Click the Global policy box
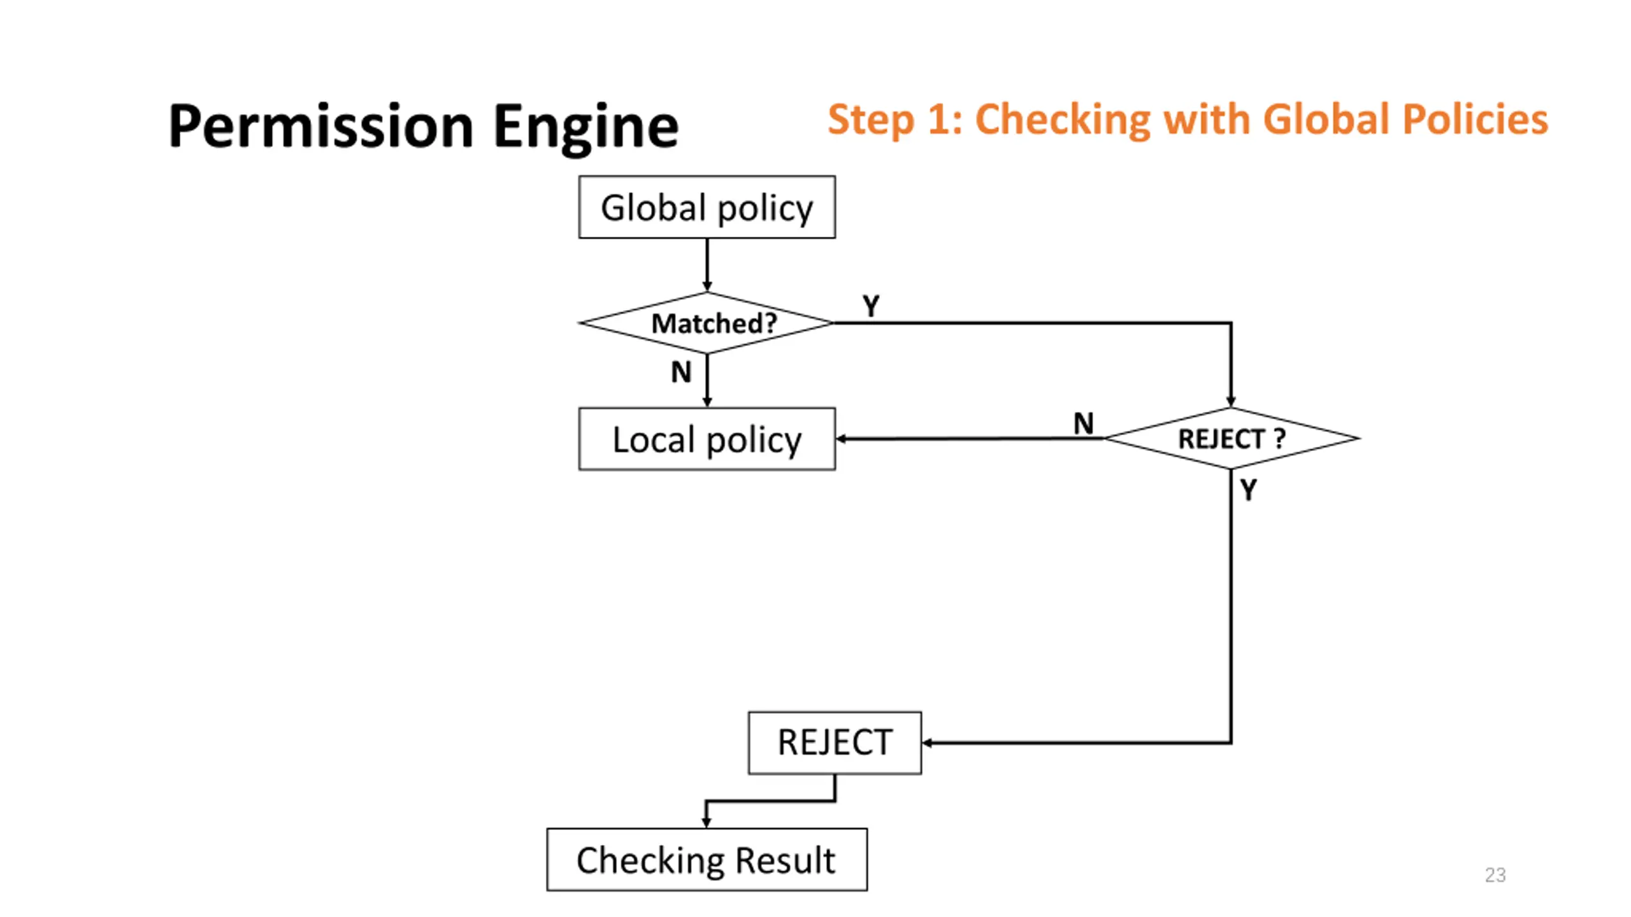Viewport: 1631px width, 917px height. pyautogui.click(x=707, y=207)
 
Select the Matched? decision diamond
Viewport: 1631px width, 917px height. pyautogui.click(x=707, y=323)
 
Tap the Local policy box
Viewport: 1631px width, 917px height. pyautogui.click(x=707, y=439)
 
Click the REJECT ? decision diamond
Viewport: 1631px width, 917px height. pyautogui.click(x=1231, y=438)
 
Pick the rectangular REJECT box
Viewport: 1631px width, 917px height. pyautogui.click(x=835, y=743)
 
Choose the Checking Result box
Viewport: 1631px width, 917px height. pyautogui.click(x=707, y=859)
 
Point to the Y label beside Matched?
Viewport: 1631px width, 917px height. pyautogui.click(x=871, y=306)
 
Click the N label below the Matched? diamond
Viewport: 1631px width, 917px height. pyautogui.click(x=681, y=371)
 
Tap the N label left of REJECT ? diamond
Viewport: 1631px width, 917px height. pyautogui.click(x=1083, y=423)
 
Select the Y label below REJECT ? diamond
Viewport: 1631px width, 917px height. pyautogui.click(x=1248, y=489)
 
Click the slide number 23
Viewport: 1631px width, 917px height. pyautogui.click(x=1495, y=874)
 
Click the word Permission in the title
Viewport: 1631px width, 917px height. pyautogui.click(x=321, y=126)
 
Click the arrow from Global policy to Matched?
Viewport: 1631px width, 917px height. pyautogui.click(x=707, y=265)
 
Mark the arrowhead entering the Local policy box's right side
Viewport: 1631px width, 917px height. pyautogui.click(x=841, y=439)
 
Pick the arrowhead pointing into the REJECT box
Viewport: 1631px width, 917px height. pyautogui.click(x=927, y=743)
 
